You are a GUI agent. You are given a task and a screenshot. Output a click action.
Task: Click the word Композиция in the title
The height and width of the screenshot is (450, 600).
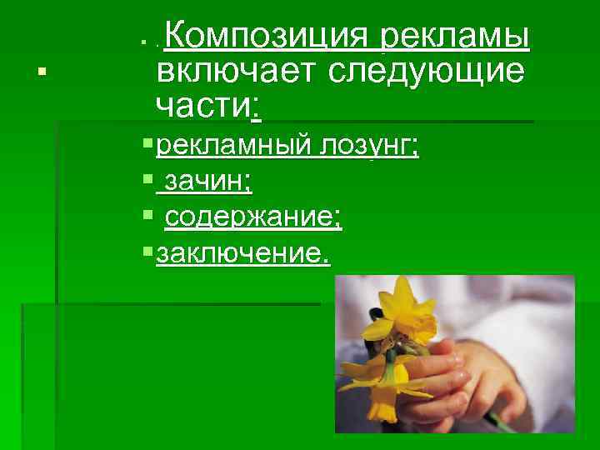tap(271, 37)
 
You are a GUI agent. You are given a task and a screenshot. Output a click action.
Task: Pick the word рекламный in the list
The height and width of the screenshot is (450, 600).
tap(232, 147)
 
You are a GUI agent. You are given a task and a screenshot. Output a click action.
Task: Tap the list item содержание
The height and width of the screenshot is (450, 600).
tap(252, 217)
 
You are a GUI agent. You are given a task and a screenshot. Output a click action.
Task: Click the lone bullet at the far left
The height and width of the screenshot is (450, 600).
tap(41, 73)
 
